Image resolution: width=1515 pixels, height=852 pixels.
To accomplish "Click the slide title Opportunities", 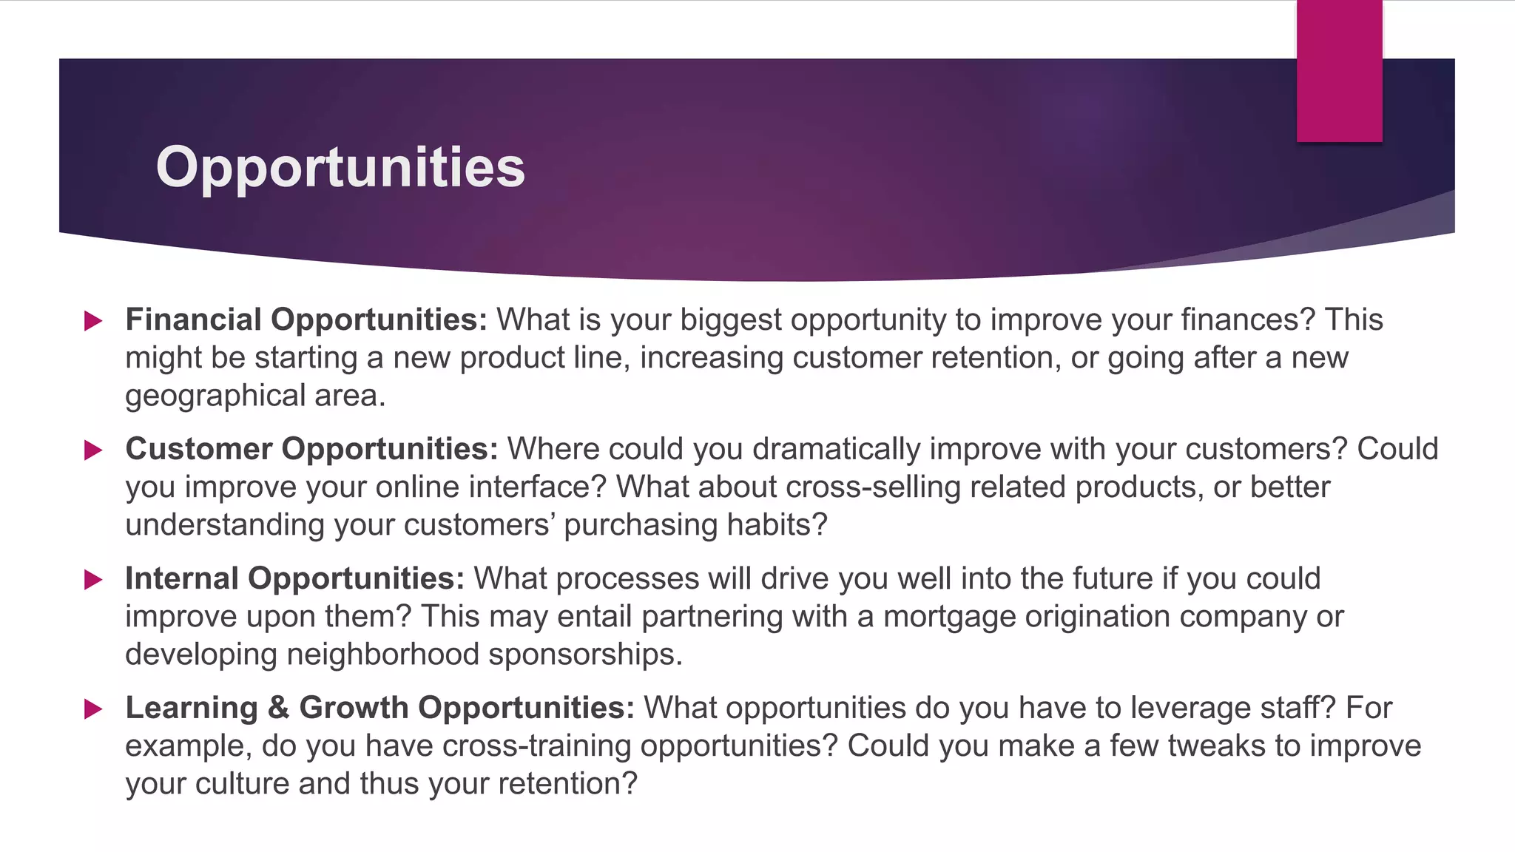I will pyautogui.click(x=340, y=167).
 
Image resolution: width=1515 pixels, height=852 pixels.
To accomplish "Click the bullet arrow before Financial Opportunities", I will pyautogui.click(x=93, y=321).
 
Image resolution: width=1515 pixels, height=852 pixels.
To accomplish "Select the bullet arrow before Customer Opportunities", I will pyautogui.click(x=93, y=450).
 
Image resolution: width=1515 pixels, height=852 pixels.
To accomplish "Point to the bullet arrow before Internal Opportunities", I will pyautogui.click(x=93, y=580).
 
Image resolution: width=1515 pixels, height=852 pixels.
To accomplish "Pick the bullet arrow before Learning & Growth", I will pyautogui.click(x=93, y=709).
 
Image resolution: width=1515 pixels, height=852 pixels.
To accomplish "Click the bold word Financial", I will pyautogui.click(x=193, y=319).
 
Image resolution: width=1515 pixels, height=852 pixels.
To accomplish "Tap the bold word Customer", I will pyautogui.click(x=199, y=449).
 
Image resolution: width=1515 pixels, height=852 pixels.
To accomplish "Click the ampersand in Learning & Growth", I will pyautogui.click(x=278, y=708).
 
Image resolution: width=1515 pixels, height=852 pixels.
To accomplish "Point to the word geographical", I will pyautogui.click(x=215, y=396).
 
